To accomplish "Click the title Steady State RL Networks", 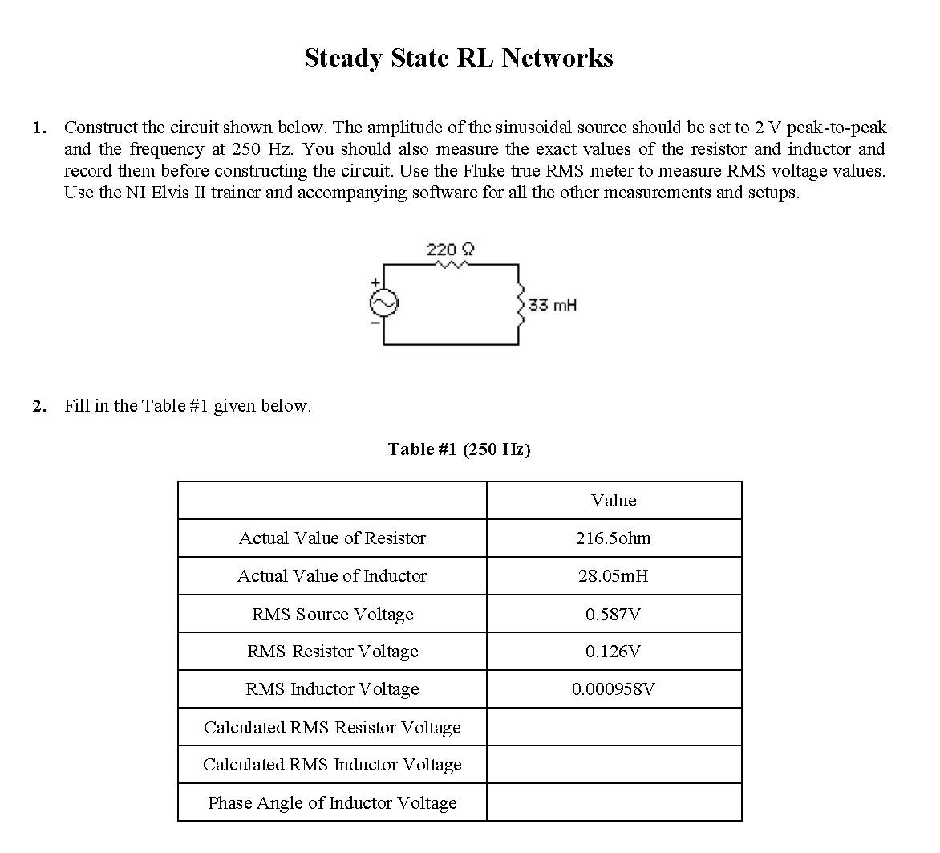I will pos(458,58).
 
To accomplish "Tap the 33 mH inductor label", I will pos(553,305).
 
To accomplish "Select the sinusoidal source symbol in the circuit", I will pos(383,303).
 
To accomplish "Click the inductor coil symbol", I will pos(520,304).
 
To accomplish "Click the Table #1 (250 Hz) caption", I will pos(459,449).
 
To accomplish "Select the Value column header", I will pos(614,501).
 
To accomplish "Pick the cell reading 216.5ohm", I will pos(614,538).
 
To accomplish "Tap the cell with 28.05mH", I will pos(614,576).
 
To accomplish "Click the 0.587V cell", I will pos(614,615).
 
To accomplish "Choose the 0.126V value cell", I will pos(614,652).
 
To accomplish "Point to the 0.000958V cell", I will pos(614,689).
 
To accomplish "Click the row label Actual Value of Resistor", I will pos(332,538).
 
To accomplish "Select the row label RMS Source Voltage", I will pos(332,615).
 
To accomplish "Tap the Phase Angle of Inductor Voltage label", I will pos(332,802).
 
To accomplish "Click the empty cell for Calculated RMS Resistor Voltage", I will pos(614,727).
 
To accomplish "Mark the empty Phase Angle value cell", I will pos(614,802).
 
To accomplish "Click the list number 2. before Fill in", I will pos(39,406).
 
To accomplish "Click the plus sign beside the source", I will pos(374,283).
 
